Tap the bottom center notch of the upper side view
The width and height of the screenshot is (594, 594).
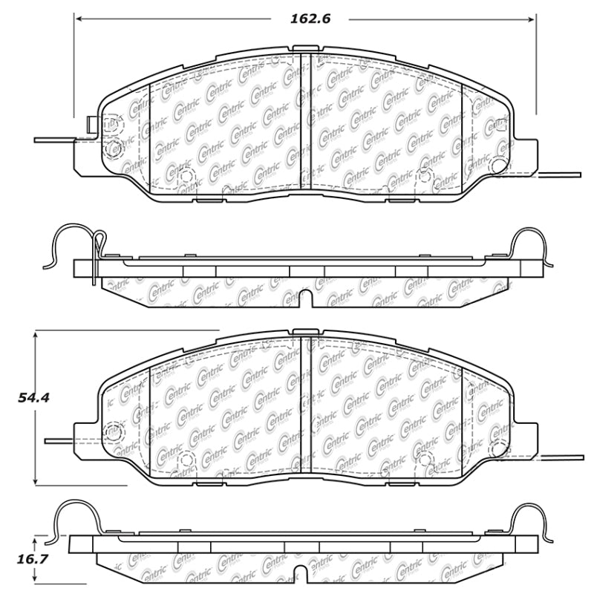point(303,298)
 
